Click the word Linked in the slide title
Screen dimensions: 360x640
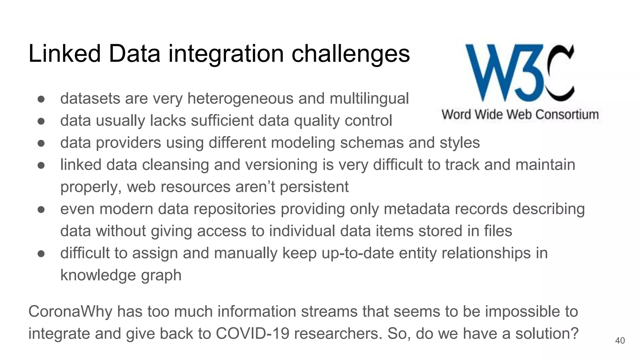coord(64,53)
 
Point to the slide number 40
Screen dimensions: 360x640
coord(620,340)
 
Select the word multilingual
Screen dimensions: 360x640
coord(369,99)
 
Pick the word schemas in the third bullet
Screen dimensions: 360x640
coord(372,143)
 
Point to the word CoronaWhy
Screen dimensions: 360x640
coord(70,312)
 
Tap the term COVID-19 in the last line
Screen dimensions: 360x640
coord(252,333)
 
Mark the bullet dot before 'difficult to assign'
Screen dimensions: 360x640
coord(41,253)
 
